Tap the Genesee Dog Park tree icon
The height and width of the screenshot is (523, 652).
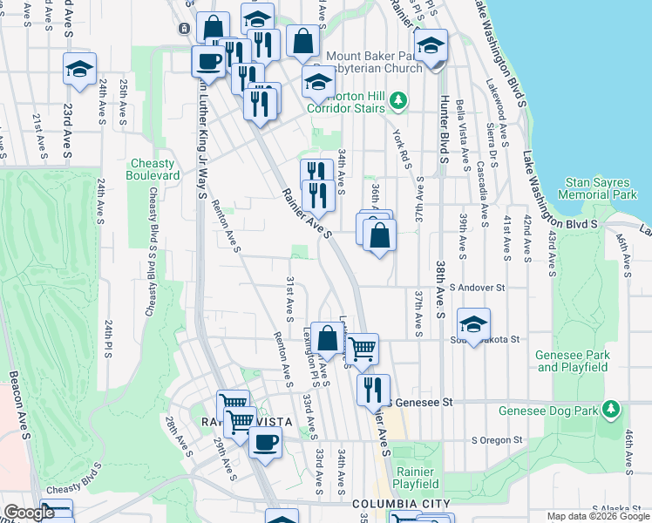pos(611,408)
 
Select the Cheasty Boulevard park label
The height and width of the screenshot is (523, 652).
pos(154,169)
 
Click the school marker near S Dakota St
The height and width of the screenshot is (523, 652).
pos(473,324)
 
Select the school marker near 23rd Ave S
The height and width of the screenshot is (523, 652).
pos(79,69)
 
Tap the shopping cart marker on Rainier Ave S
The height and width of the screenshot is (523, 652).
pos(362,349)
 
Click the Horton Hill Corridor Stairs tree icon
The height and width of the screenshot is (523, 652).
pos(398,101)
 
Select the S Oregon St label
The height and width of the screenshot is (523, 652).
pos(496,440)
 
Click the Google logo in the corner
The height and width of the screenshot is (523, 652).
pos(29,513)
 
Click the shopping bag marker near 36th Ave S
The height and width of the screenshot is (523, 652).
pos(380,235)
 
